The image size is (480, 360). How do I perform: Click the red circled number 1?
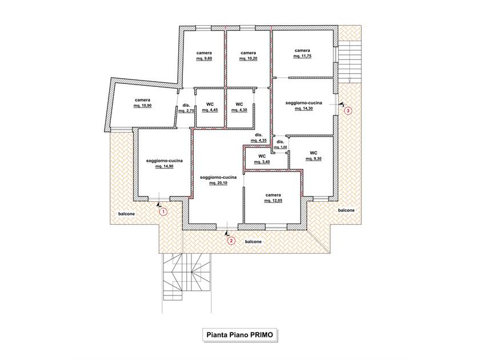click(x=163, y=211)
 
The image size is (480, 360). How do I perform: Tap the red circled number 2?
click(x=231, y=241)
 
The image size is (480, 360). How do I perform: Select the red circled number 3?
click(x=348, y=110)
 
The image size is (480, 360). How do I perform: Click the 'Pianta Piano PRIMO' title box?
click(x=239, y=335)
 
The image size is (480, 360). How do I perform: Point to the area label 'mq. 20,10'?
click(x=218, y=183)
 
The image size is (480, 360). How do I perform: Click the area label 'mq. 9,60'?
click(x=204, y=58)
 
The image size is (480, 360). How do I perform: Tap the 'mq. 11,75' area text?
click(x=302, y=56)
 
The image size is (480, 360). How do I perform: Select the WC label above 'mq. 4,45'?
click(x=210, y=105)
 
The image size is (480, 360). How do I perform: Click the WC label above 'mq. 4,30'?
click(x=239, y=105)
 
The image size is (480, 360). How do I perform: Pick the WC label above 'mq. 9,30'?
click(x=314, y=153)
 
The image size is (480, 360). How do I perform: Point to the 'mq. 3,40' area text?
click(x=262, y=162)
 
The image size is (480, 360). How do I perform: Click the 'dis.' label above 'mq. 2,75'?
click(x=186, y=105)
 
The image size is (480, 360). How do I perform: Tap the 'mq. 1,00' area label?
click(x=281, y=147)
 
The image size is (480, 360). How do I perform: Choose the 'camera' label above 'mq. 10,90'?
click(x=143, y=100)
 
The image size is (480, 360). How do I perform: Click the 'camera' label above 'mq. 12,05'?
click(x=273, y=195)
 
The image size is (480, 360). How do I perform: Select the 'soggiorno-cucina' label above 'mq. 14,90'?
click(x=165, y=161)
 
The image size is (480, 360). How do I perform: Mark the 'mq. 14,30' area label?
click(x=303, y=109)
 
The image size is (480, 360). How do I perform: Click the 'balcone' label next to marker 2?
click(x=254, y=242)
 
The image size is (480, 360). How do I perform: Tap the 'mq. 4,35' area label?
click(x=259, y=141)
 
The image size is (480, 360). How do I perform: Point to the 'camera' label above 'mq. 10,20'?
click(x=248, y=53)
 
